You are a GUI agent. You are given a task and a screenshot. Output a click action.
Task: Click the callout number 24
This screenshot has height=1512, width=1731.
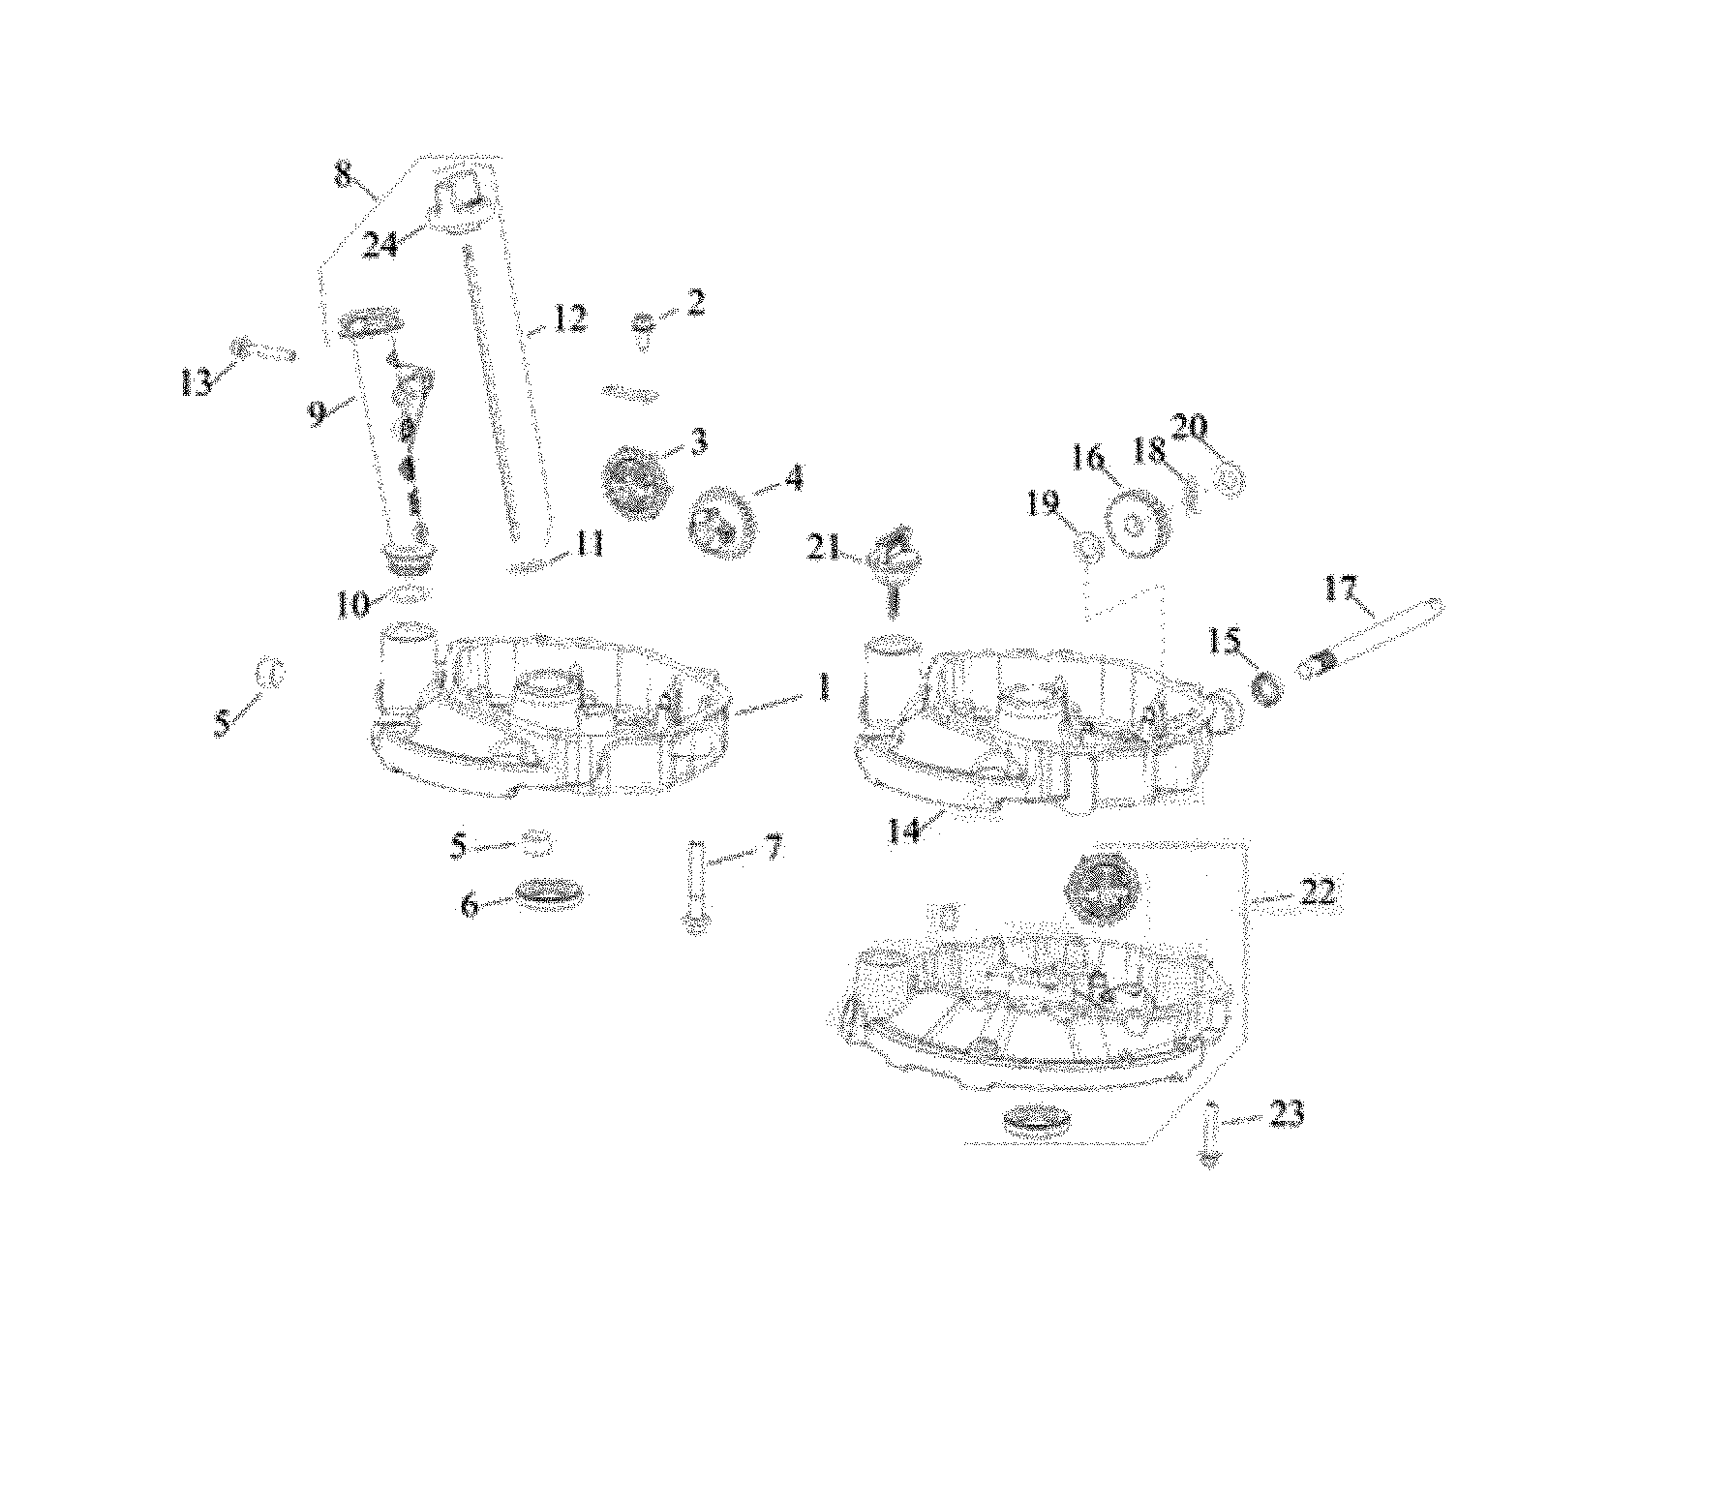tap(380, 245)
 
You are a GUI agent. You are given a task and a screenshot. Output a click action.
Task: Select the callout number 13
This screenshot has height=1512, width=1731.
tap(196, 382)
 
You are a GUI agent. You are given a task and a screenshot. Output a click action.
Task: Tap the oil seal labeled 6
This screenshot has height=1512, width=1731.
tap(550, 895)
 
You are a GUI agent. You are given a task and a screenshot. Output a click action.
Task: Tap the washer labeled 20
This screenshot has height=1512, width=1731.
tap(1230, 476)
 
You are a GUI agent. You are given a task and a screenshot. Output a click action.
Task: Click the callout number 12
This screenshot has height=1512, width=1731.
tap(569, 318)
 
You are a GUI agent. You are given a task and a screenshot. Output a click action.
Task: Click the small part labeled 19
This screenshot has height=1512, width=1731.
tap(1087, 549)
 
